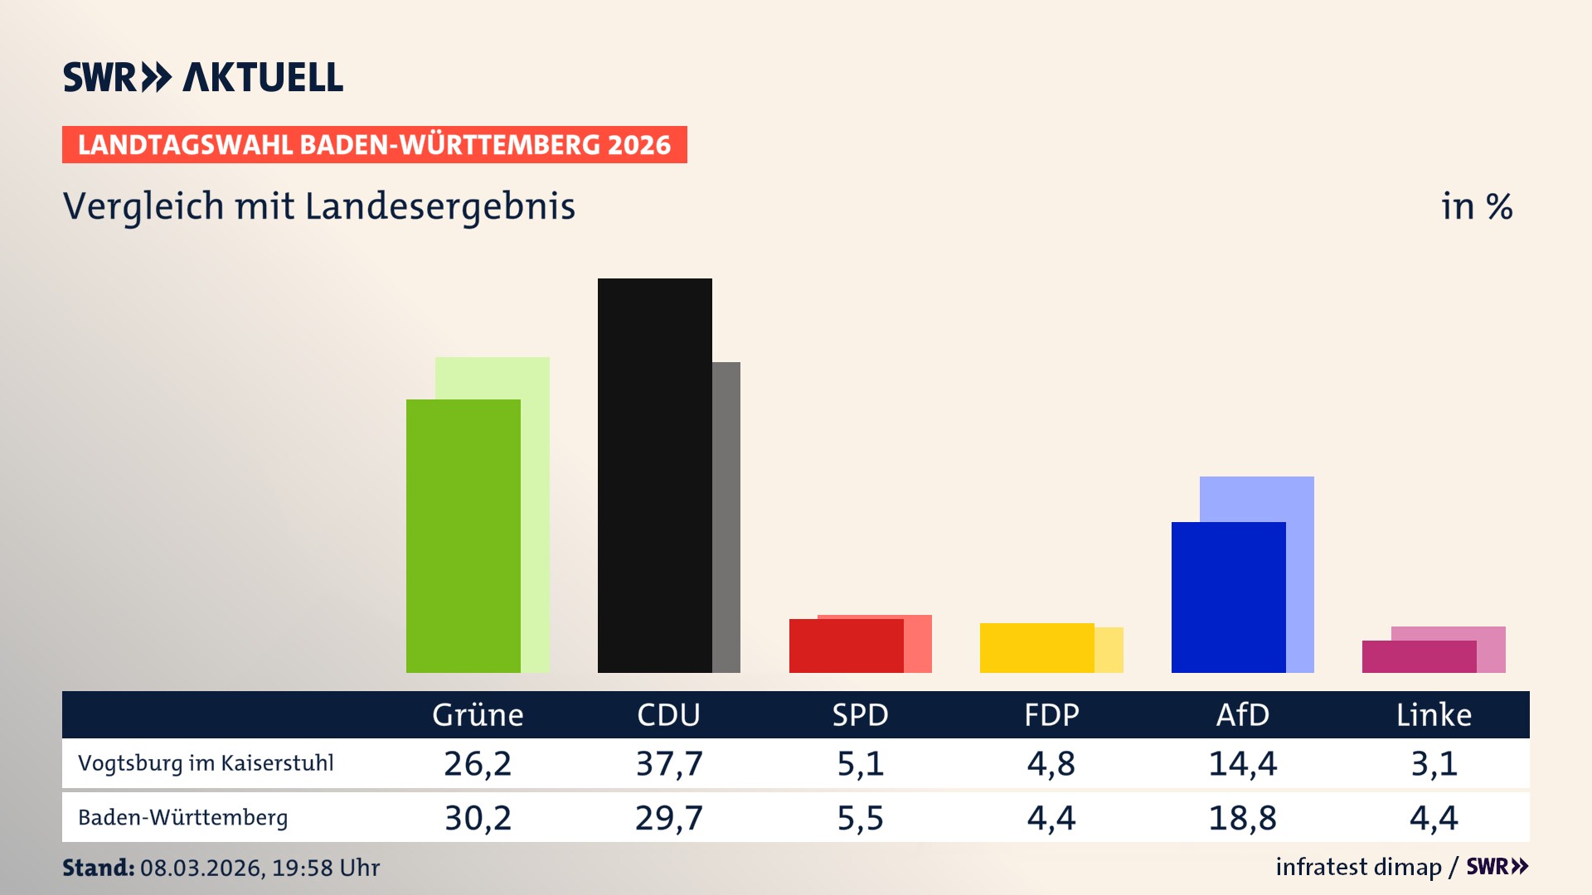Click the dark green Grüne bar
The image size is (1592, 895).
click(x=463, y=535)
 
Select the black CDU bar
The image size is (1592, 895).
click(x=654, y=475)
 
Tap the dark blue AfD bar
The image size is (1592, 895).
click(x=1228, y=597)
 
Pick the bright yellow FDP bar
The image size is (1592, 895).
click(x=1036, y=647)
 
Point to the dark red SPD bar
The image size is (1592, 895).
click(x=846, y=646)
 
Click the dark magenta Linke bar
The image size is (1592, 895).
click(x=1419, y=656)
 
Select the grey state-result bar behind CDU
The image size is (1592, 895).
click(x=726, y=516)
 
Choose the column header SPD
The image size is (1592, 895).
click(x=860, y=714)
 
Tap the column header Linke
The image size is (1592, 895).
click(x=1434, y=714)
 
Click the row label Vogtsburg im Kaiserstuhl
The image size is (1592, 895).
click(x=206, y=763)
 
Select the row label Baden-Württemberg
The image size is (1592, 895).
click(x=182, y=818)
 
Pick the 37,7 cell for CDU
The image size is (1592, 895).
click(x=669, y=763)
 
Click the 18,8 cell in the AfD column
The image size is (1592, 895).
click(x=1242, y=818)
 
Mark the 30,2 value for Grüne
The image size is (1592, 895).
click(x=478, y=818)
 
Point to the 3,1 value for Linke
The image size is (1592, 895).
click(x=1434, y=763)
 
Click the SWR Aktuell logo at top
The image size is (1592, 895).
click(x=203, y=77)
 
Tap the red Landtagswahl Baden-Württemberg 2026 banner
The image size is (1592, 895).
click(x=374, y=144)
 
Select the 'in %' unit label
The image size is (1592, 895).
click(x=1476, y=206)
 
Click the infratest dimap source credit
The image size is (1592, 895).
click(x=1358, y=867)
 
